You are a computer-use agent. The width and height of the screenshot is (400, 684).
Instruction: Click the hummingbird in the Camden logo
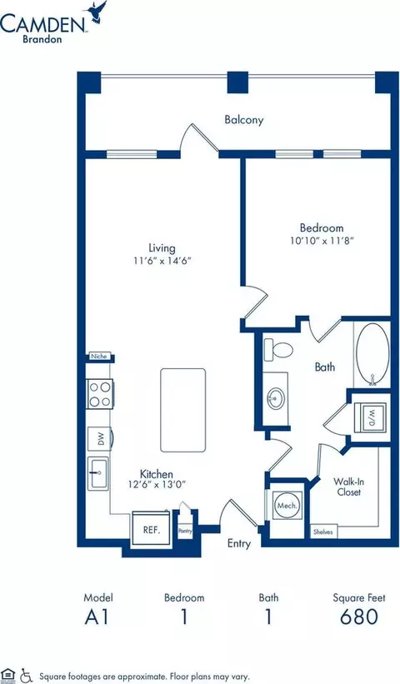point(97,11)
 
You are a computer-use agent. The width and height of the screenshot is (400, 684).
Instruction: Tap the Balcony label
point(244,119)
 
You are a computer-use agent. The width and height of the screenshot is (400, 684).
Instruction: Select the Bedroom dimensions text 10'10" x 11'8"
point(322,240)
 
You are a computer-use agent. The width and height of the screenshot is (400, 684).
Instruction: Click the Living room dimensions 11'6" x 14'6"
point(162,261)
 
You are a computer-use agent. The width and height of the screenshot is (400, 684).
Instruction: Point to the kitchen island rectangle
point(182,410)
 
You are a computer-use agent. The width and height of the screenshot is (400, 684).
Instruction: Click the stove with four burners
point(100,394)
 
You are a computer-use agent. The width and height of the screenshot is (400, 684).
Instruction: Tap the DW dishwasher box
point(100,439)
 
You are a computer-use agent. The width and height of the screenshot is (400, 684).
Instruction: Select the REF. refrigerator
point(152,528)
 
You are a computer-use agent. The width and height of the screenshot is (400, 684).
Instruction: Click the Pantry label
point(185,531)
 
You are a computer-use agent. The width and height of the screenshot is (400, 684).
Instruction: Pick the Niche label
point(98,357)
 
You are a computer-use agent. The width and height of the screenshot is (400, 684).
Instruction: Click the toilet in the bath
point(277,350)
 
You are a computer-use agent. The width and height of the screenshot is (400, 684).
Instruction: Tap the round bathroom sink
point(276,398)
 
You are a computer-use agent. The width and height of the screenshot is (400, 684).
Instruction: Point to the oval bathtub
point(372,355)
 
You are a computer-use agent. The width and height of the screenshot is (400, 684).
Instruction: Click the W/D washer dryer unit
point(370,417)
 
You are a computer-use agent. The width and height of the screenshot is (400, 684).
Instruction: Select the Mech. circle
point(287,506)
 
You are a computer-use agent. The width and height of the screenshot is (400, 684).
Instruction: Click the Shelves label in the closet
point(323,532)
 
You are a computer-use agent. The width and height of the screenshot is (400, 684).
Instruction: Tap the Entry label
point(239,543)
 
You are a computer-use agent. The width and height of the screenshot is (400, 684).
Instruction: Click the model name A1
point(97,617)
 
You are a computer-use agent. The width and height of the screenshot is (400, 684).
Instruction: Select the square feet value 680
point(359,617)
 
